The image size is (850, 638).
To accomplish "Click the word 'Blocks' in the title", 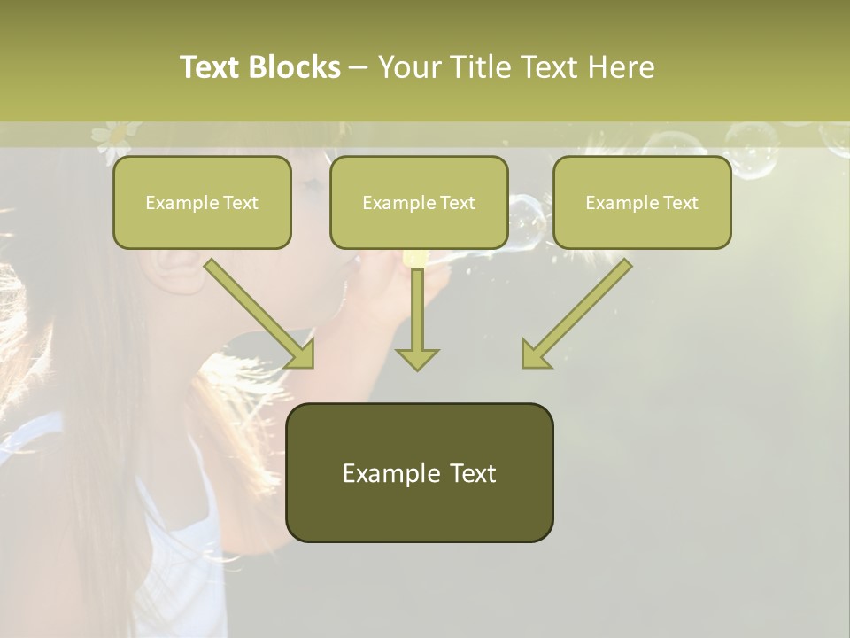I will (x=296, y=67).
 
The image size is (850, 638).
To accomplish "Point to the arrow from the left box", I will (x=257, y=310).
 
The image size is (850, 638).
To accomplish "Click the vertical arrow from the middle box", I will (x=417, y=310).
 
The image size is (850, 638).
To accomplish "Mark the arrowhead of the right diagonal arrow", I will (x=533, y=355).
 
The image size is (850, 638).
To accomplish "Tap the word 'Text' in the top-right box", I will (x=680, y=203).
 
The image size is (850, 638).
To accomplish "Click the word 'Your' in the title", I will (x=411, y=67).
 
